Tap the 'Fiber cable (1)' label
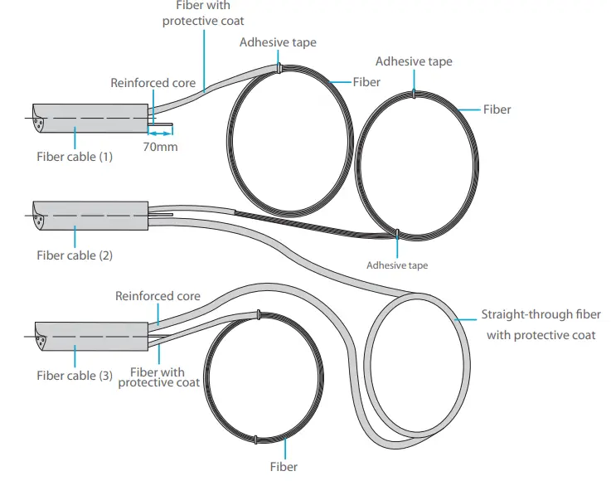click(x=75, y=156)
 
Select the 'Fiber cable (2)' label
click(x=75, y=255)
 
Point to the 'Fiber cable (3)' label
click(x=75, y=376)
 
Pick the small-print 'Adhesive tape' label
click(x=397, y=265)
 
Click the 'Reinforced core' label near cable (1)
click(x=153, y=83)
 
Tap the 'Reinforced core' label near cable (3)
click(x=158, y=296)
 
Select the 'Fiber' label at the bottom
click(x=284, y=466)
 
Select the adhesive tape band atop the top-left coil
click(x=280, y=70)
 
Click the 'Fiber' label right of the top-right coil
click(x=497, y=109)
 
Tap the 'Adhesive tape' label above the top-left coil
click(x=278, y=42)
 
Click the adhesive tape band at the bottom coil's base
click(x=259, y=439)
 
